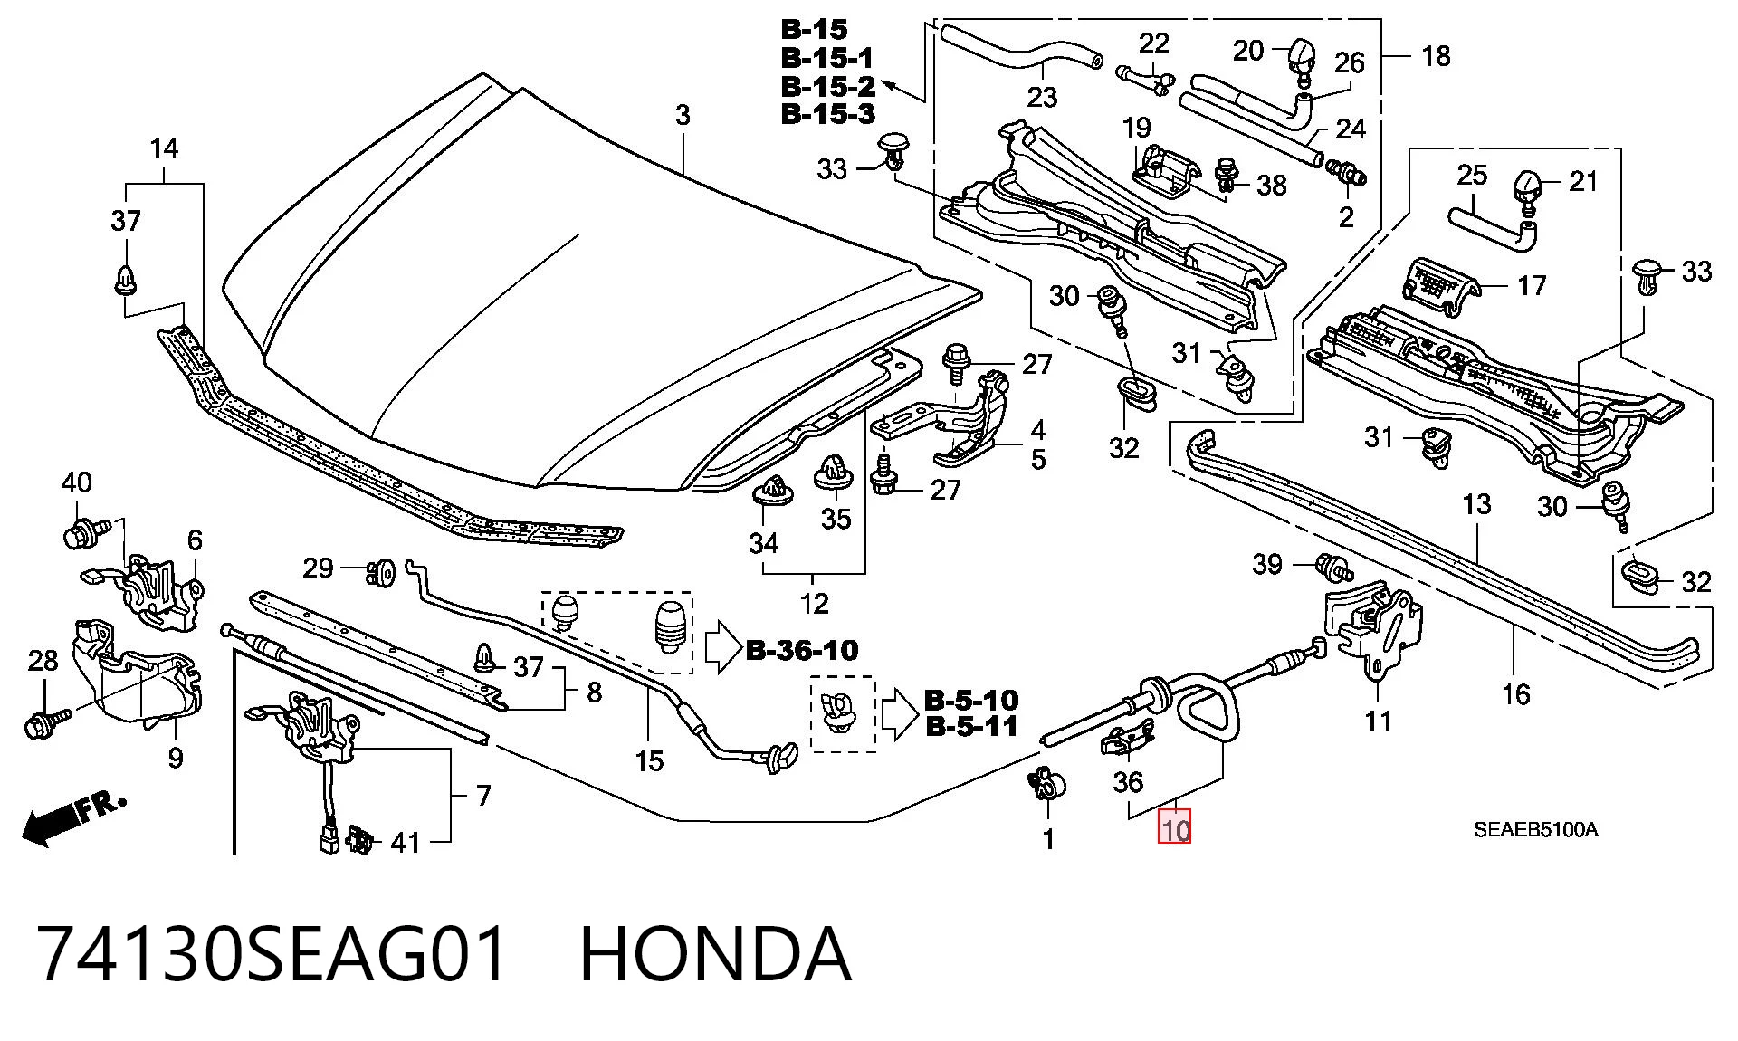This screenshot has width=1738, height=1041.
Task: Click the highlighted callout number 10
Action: [x=1175, y=826]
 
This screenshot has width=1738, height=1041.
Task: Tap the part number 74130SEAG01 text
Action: [x=272, y=954]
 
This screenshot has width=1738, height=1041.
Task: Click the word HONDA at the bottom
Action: [x=715, y=954]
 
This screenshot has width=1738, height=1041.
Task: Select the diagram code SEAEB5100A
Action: [x=1535, y=830]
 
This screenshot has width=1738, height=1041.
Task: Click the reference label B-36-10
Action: [x=802, y=650]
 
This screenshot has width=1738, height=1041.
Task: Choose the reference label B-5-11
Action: [x=971, y=726]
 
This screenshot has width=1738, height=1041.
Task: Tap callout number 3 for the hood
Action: [x=683, y=115]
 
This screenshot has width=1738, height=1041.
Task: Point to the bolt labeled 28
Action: [x=47, y=722]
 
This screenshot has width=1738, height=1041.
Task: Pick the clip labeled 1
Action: [x=1044, y=784]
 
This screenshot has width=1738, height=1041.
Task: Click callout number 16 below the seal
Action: [x=1515, y=694]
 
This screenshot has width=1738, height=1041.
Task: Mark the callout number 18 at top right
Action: [x=1436, y=56]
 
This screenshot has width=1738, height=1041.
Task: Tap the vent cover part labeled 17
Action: [x=1440, y=287]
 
